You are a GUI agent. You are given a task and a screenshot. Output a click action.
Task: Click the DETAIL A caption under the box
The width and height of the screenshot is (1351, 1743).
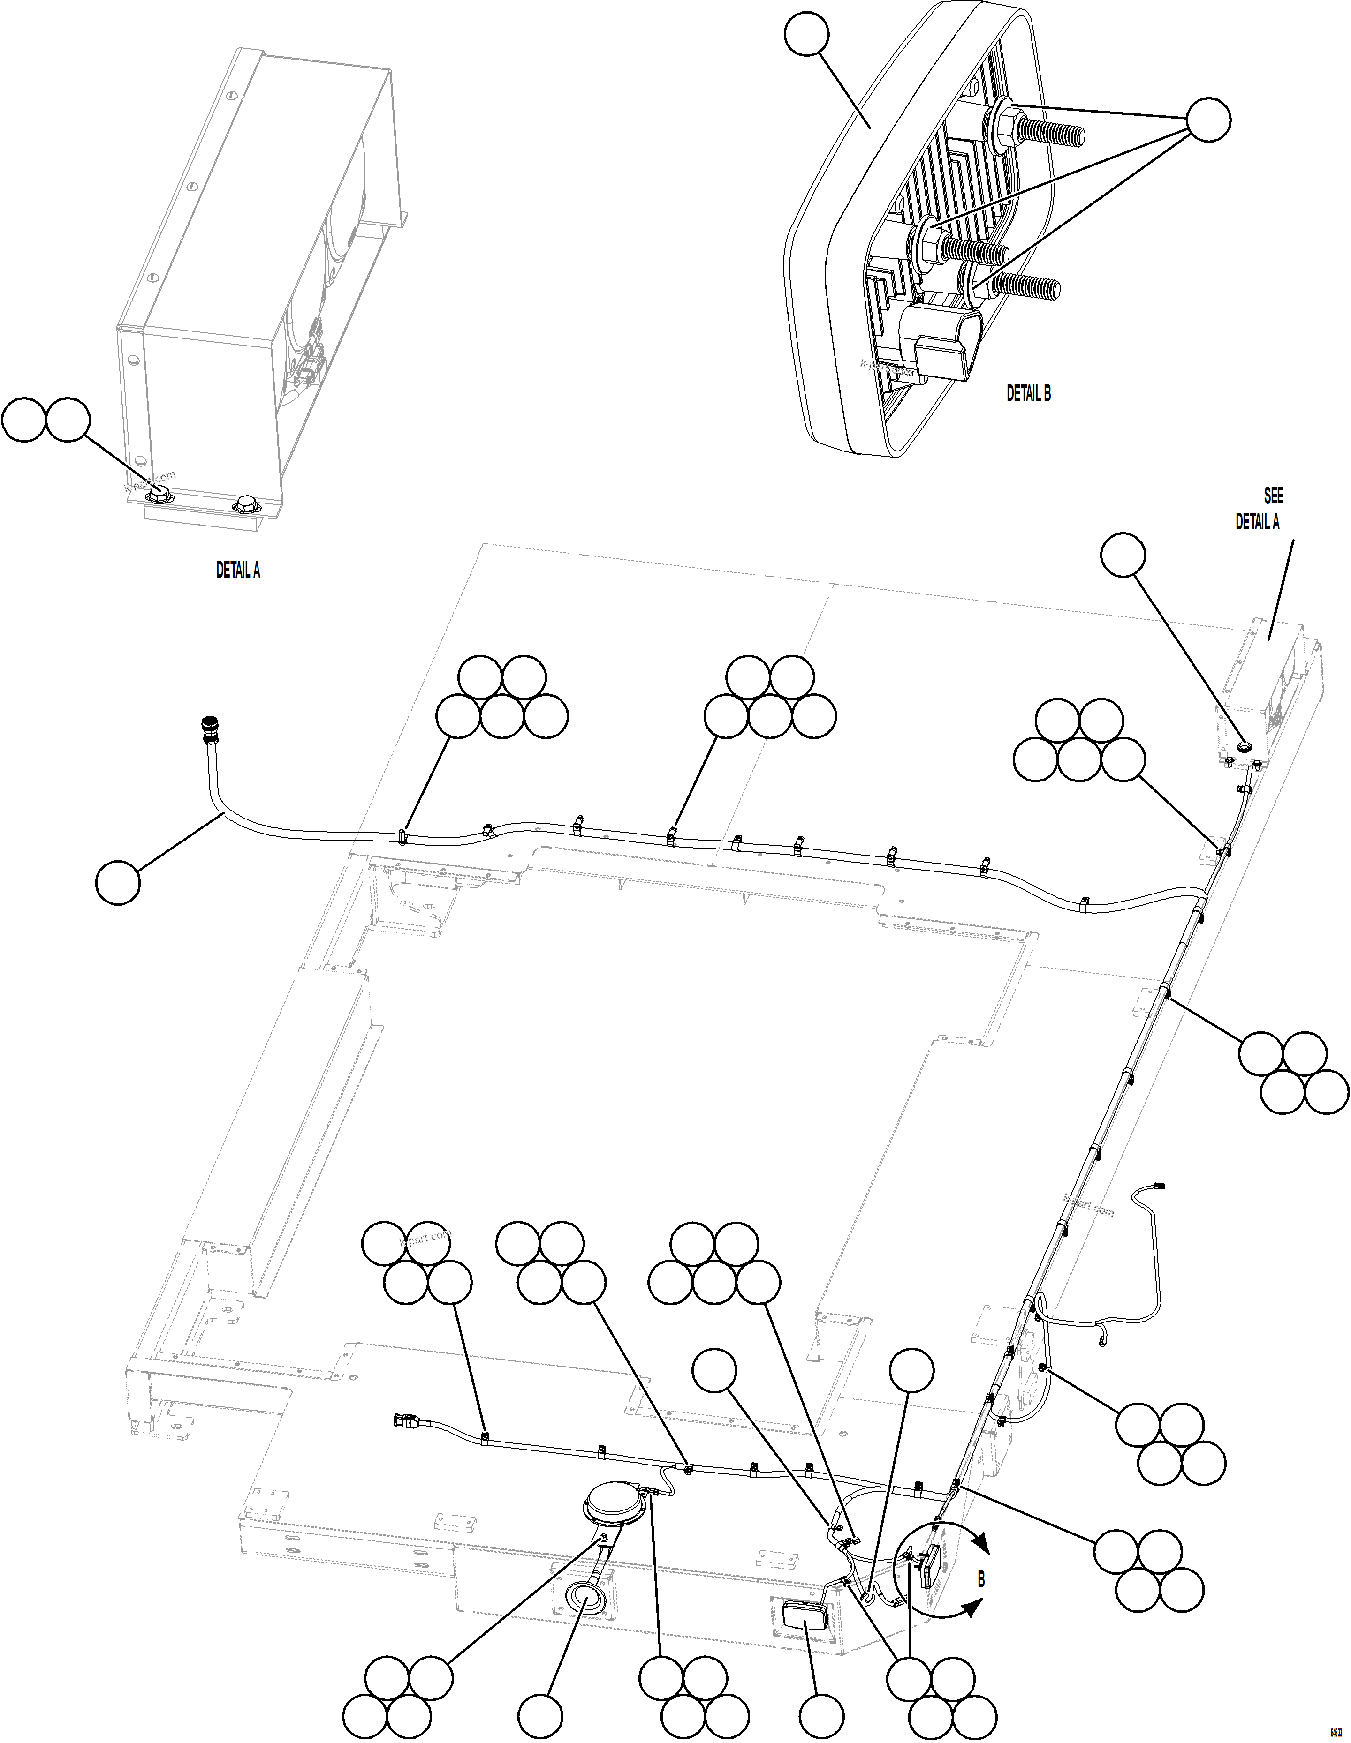[x=238, y=571]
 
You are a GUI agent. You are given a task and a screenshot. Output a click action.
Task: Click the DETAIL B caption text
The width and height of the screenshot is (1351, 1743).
[x=1028, y=393]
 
